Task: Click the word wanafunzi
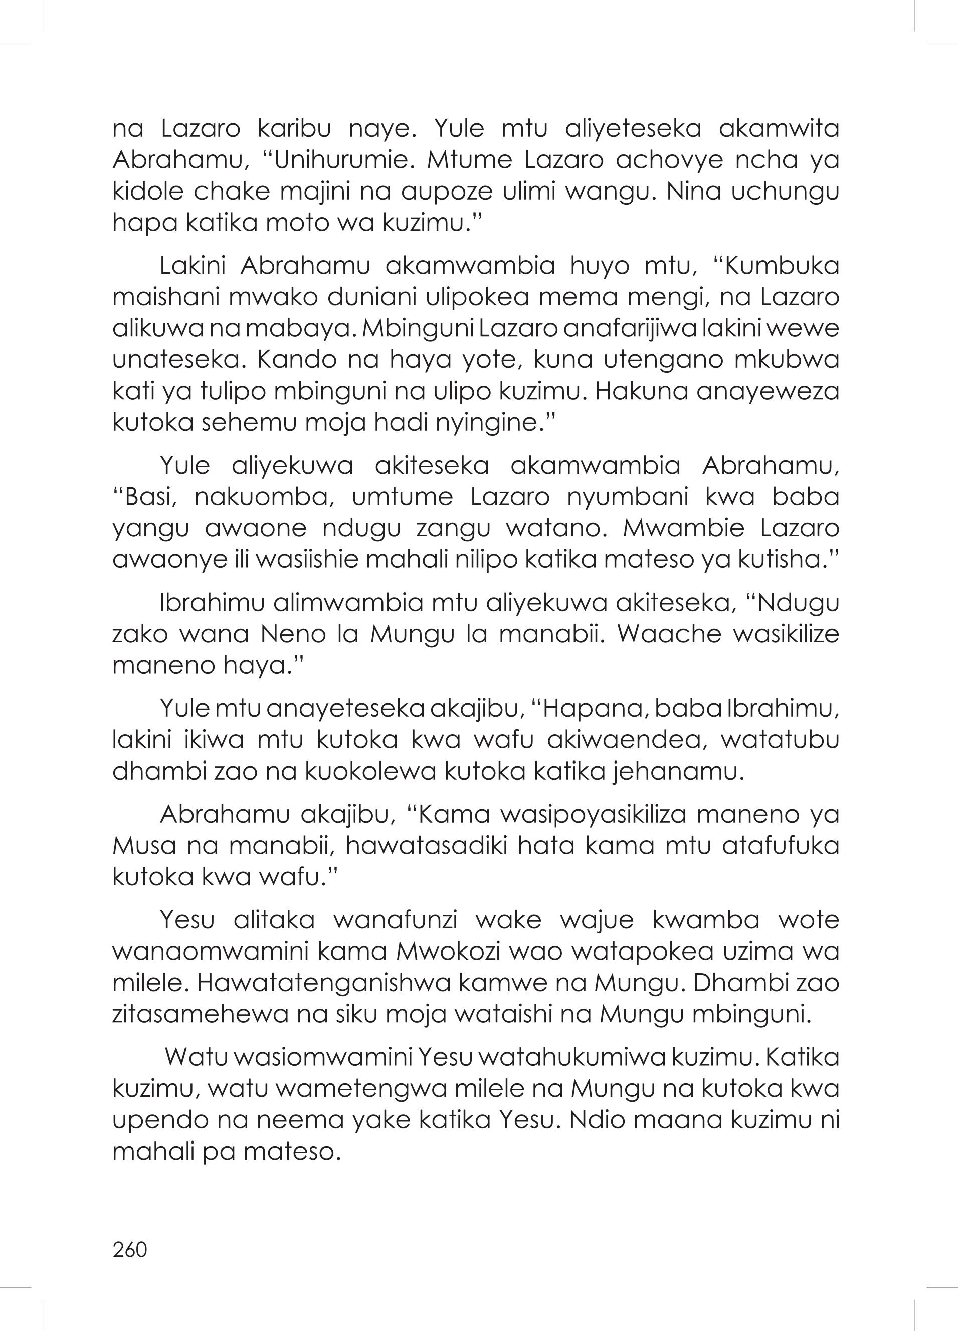click(x=395, y=921)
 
